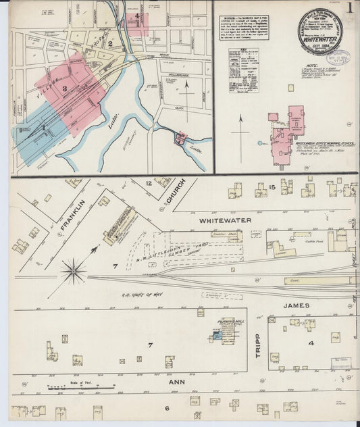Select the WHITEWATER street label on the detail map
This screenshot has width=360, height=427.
pyautogui.click(x=225, y=220)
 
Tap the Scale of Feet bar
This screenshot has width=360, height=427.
pyautogui.click(x=72, y=388)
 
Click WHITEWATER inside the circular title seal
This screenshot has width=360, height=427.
pyautogui.click(x=322, y=39)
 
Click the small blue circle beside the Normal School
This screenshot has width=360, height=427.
pyautogui.click(x=259, y=143)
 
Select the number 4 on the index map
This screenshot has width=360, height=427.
pyautogui.click(x=137, y=16)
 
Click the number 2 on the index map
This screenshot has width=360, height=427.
pyautogui.click(x=110, y=44)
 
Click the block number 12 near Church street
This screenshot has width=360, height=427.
pyautogui.click(x=149, y=183)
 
